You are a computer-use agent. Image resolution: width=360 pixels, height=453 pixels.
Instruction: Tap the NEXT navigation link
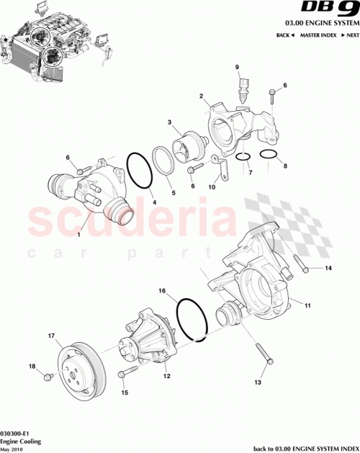[x=350, y=35]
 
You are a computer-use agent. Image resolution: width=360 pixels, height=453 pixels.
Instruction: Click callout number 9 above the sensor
[x=237, y=68]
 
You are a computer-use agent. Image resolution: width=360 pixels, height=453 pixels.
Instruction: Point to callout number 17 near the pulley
[x=51, y=336]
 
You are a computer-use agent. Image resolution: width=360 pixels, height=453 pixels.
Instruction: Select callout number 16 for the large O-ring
[x=163, y=292]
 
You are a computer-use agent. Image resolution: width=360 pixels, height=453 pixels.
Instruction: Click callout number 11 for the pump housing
[x=307, y=306]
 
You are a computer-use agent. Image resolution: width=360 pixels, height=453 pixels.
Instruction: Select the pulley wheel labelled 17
[x=81, y=370]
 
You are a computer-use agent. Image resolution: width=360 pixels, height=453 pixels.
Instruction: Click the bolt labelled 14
[x=302, y=269]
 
